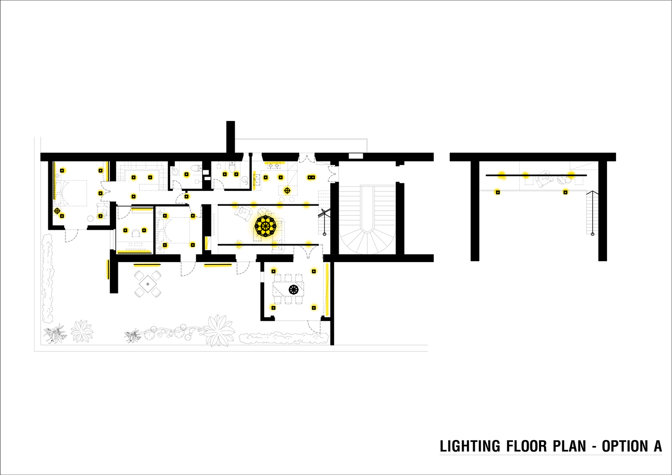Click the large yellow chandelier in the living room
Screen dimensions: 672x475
[x=265, y=226]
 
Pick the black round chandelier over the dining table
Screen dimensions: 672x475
[x=293, y=290]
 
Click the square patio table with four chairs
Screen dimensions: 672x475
[x=147, y=284]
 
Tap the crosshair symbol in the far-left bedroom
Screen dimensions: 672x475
[x=57, y=211]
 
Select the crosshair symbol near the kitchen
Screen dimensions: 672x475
[x=287, y=190]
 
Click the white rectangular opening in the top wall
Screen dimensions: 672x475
[x=356, y=156]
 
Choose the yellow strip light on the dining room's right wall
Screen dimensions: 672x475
[x=327, y=289]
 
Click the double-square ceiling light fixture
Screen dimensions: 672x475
[x=311, y=177]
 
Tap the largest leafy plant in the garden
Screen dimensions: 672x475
[x=218, y=330]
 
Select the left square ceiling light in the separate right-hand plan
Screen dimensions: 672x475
[x=498, y=192]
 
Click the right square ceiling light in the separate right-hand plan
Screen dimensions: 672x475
[x=565, y=192]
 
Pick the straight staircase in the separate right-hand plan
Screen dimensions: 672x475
[x=592, y=212]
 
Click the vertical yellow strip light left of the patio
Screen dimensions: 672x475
[x=108, y=269]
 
